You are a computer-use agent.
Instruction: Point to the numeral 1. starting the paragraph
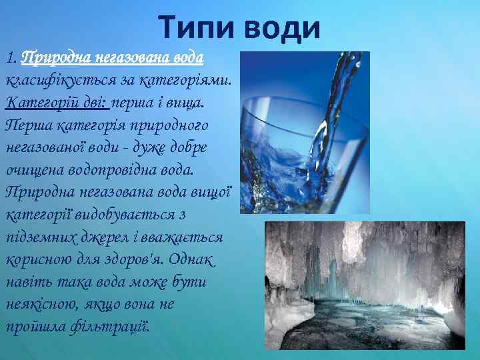tap(11, 58)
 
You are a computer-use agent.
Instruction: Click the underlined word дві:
tap(95, 103)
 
